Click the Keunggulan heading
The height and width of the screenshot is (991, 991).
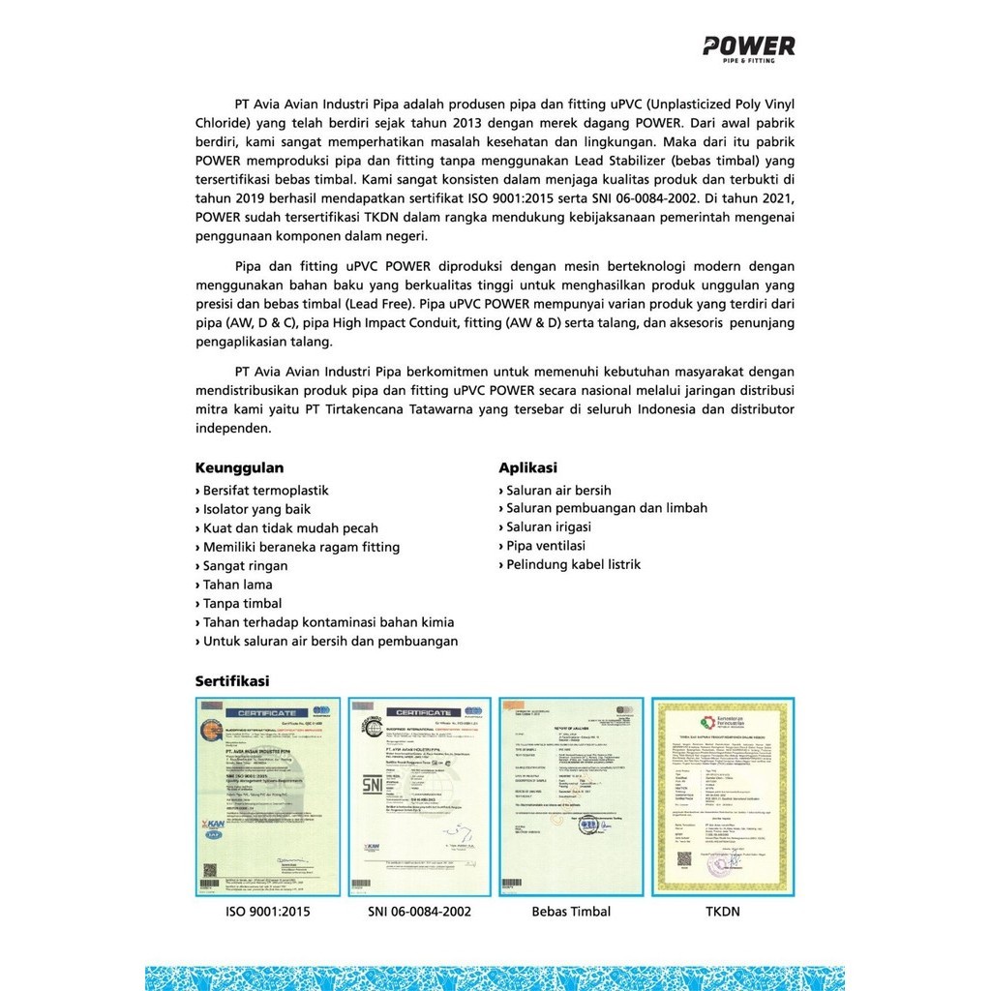coord(239,467)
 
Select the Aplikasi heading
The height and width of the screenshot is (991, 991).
coord(527,467)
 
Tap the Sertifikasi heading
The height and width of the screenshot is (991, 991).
coord(232,680)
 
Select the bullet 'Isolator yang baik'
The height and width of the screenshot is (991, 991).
coord(256,509)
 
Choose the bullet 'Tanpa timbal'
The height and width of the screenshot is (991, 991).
coord(242,603)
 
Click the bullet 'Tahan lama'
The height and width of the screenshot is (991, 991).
coord(237,585)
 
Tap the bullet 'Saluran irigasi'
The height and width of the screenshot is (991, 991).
coord(548,527)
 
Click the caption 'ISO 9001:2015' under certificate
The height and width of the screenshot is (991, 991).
coord(267,911)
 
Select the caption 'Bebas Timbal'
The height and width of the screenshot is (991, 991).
coord(571,911)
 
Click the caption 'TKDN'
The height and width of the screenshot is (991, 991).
coord(724,911)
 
